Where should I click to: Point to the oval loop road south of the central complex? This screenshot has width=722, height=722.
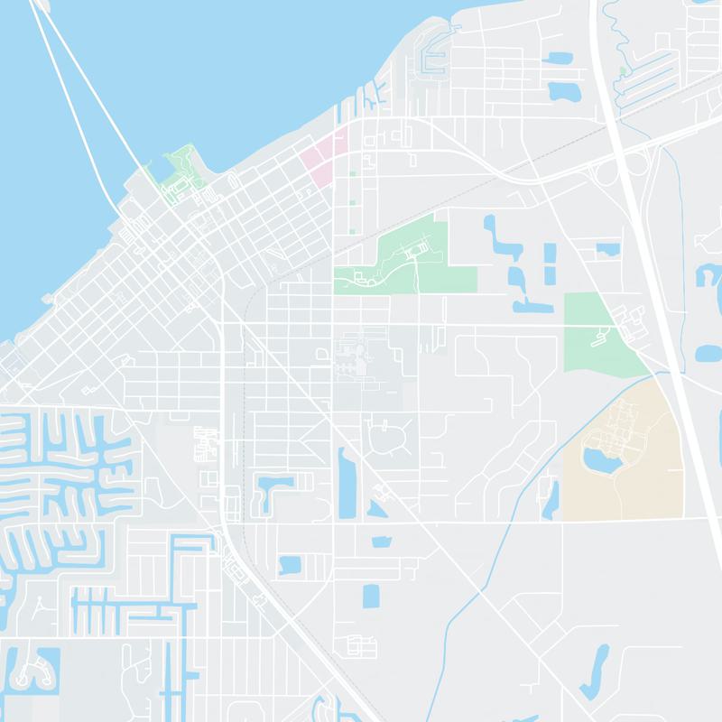click(x=390, y=438)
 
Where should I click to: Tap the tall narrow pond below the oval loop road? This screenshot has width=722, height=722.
click(x=347, y=483)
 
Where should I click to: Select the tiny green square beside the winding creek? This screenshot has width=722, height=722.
click(x=623, y=70)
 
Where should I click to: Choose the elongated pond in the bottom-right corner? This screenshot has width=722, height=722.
click(x=596, y=672)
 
